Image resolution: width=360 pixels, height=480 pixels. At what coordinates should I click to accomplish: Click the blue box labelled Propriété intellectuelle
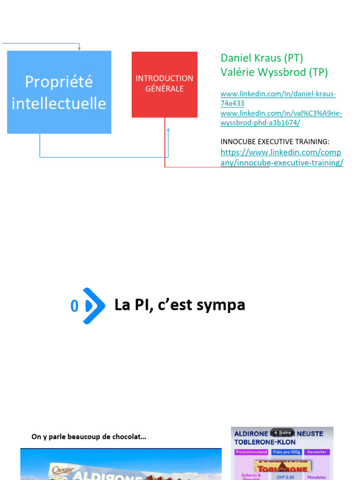click(x=59, y=92)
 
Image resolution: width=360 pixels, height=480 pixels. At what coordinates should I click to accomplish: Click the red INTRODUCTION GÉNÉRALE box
click(x=164, y=84)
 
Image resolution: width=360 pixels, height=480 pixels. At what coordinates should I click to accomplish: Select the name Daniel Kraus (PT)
click(x=262, y=58)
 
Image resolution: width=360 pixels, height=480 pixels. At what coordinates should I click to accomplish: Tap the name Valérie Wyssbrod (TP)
click(x=274, y=72)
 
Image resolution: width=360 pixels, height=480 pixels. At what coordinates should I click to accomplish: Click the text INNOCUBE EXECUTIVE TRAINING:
click(x=275, y=142)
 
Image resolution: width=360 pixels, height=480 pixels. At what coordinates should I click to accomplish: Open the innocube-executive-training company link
click(x=281, y=157)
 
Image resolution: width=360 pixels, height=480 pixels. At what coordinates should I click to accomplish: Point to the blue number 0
click(x=74, y=307)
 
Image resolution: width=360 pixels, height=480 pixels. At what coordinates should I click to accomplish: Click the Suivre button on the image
click(x=282, y=432)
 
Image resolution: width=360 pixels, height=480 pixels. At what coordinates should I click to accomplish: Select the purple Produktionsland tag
click(x=251, y=452)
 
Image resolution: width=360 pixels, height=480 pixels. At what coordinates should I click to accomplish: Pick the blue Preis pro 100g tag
click(x=286, y=452)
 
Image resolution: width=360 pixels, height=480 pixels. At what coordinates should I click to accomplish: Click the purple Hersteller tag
click(x=316, y=452)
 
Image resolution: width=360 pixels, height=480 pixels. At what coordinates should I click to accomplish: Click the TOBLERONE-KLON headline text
click(x=265, y=442)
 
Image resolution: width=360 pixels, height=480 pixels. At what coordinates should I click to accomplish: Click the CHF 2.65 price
click(x=285, y=477)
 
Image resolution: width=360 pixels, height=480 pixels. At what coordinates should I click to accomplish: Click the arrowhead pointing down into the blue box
click(x=79, y=48)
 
